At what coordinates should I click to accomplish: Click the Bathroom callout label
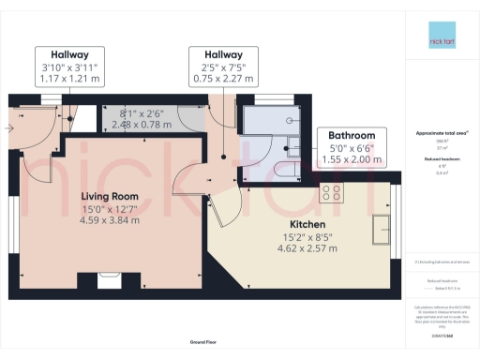tap(351, 135)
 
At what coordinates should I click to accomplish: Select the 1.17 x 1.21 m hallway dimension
tap(68, 81)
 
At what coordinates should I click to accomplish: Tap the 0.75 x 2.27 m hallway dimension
tap(222, 81)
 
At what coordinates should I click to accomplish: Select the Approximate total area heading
tap(441, 133)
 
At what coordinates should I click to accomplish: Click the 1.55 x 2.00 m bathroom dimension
tap(351, 160)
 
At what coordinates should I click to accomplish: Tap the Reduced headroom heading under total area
tap(441, 161)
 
